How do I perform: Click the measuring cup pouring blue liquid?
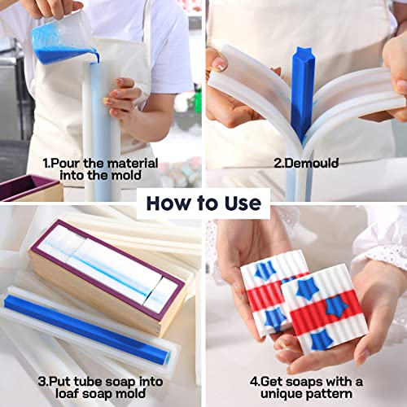coord(61,37)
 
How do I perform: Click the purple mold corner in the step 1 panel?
coord(24,186)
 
